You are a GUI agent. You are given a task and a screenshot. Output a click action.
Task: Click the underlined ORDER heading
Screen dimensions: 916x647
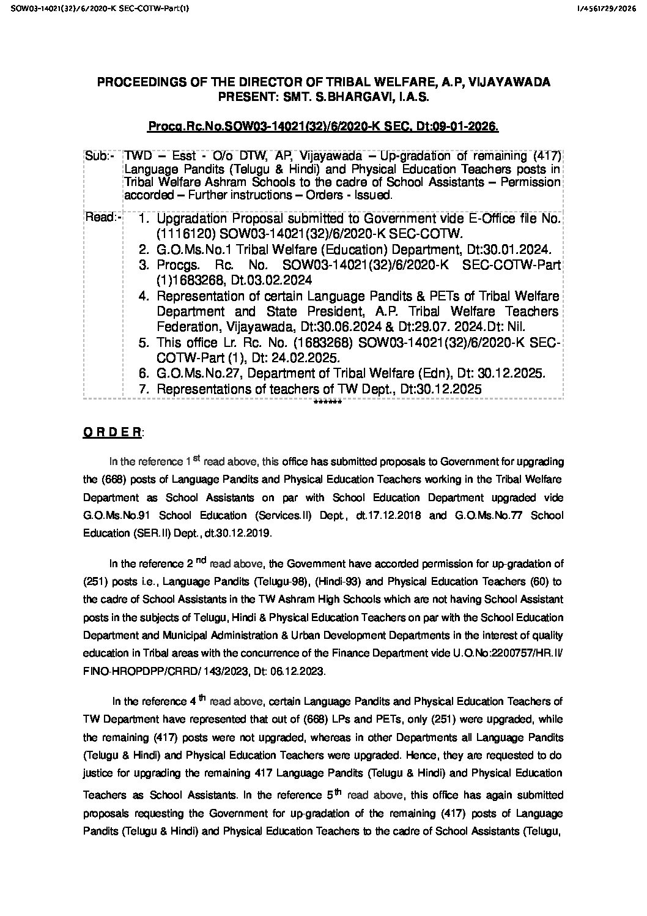[x=112, y=432]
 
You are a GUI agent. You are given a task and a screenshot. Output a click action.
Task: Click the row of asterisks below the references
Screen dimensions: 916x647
[x=327, y=402]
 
